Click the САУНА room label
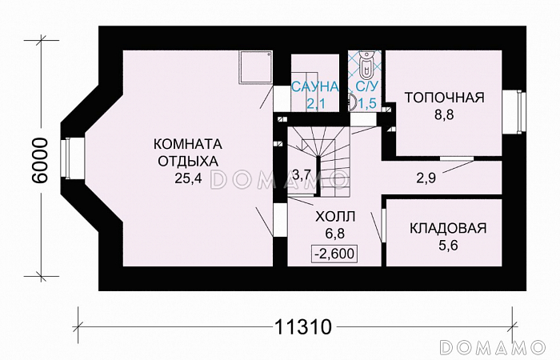click(x=314, y=86)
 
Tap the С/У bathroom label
click(x=366, y=86)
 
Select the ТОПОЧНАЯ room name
click(x=444, y=98)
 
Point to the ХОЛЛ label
click(x=334, y=217)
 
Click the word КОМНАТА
click(x=186, y=144)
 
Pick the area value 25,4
click(x=186, y=178)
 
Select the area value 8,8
click(x=444, y=116)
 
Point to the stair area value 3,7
click(x=301, y=174)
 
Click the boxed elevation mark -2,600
click(x=334, y=254)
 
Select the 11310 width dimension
click(x=302, y=328)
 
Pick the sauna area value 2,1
click(x=314, y=102)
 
